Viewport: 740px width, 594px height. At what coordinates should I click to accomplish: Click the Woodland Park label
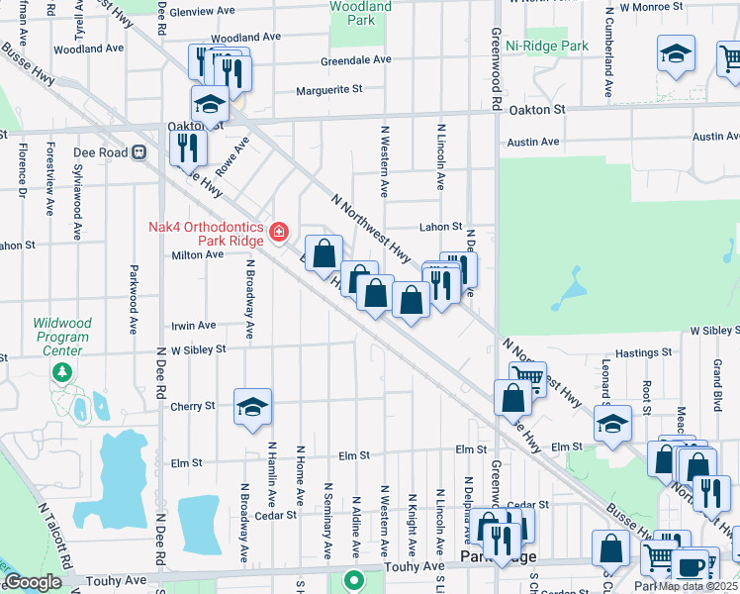359,13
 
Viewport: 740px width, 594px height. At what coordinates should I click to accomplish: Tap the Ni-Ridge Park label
546,46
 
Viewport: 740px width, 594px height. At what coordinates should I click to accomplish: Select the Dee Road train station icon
139,152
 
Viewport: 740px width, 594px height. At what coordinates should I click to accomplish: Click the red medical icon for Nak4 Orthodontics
279,233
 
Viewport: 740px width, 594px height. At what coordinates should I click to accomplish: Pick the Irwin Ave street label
193,325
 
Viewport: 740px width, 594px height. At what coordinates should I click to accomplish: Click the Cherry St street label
192,406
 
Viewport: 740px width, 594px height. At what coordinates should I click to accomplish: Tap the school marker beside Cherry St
253,405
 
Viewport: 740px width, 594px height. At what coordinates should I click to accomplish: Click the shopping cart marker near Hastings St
527,378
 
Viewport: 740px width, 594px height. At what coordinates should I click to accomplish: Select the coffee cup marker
690,567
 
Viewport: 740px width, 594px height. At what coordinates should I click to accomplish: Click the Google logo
33,582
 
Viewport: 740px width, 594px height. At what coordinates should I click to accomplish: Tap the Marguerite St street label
329,89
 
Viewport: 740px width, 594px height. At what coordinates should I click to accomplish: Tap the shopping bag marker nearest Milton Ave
324,253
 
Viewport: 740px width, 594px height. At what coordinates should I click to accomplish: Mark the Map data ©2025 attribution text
697,586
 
